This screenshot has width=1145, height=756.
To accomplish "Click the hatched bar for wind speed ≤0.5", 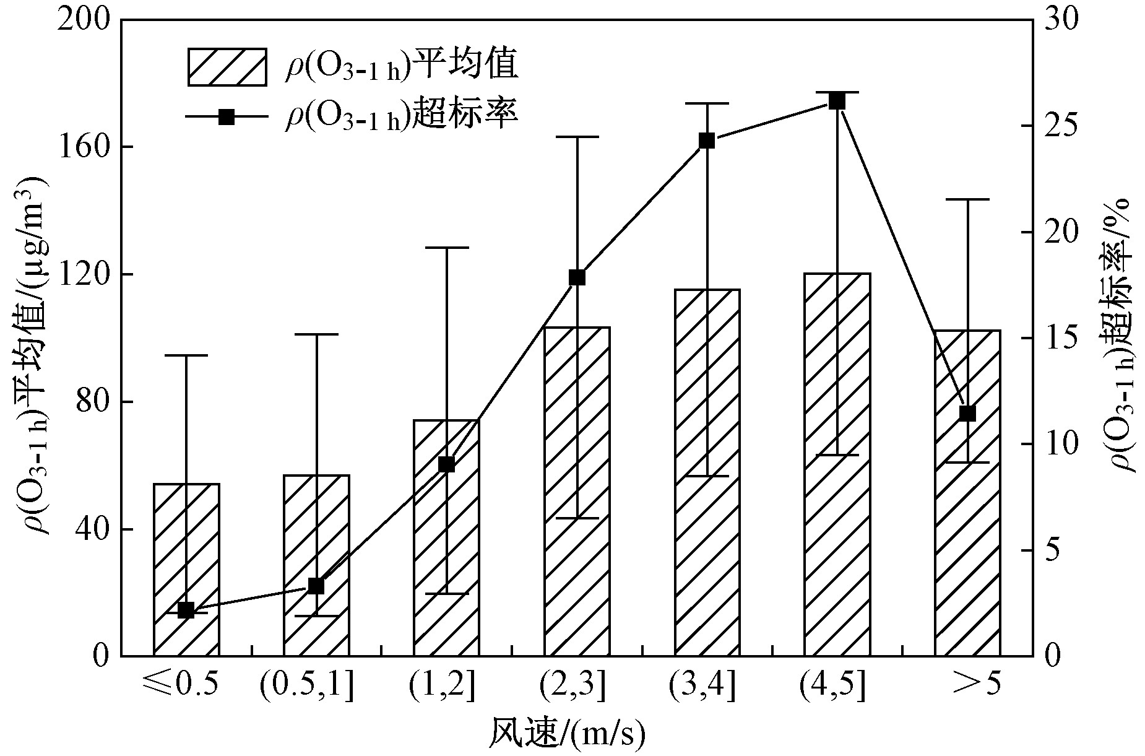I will click(186, 570).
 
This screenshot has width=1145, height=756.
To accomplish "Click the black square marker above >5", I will click(967, 414).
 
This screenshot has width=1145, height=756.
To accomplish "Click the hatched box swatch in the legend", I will click(227, 66).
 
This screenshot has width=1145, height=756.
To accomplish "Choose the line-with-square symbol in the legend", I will click(227, 116).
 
